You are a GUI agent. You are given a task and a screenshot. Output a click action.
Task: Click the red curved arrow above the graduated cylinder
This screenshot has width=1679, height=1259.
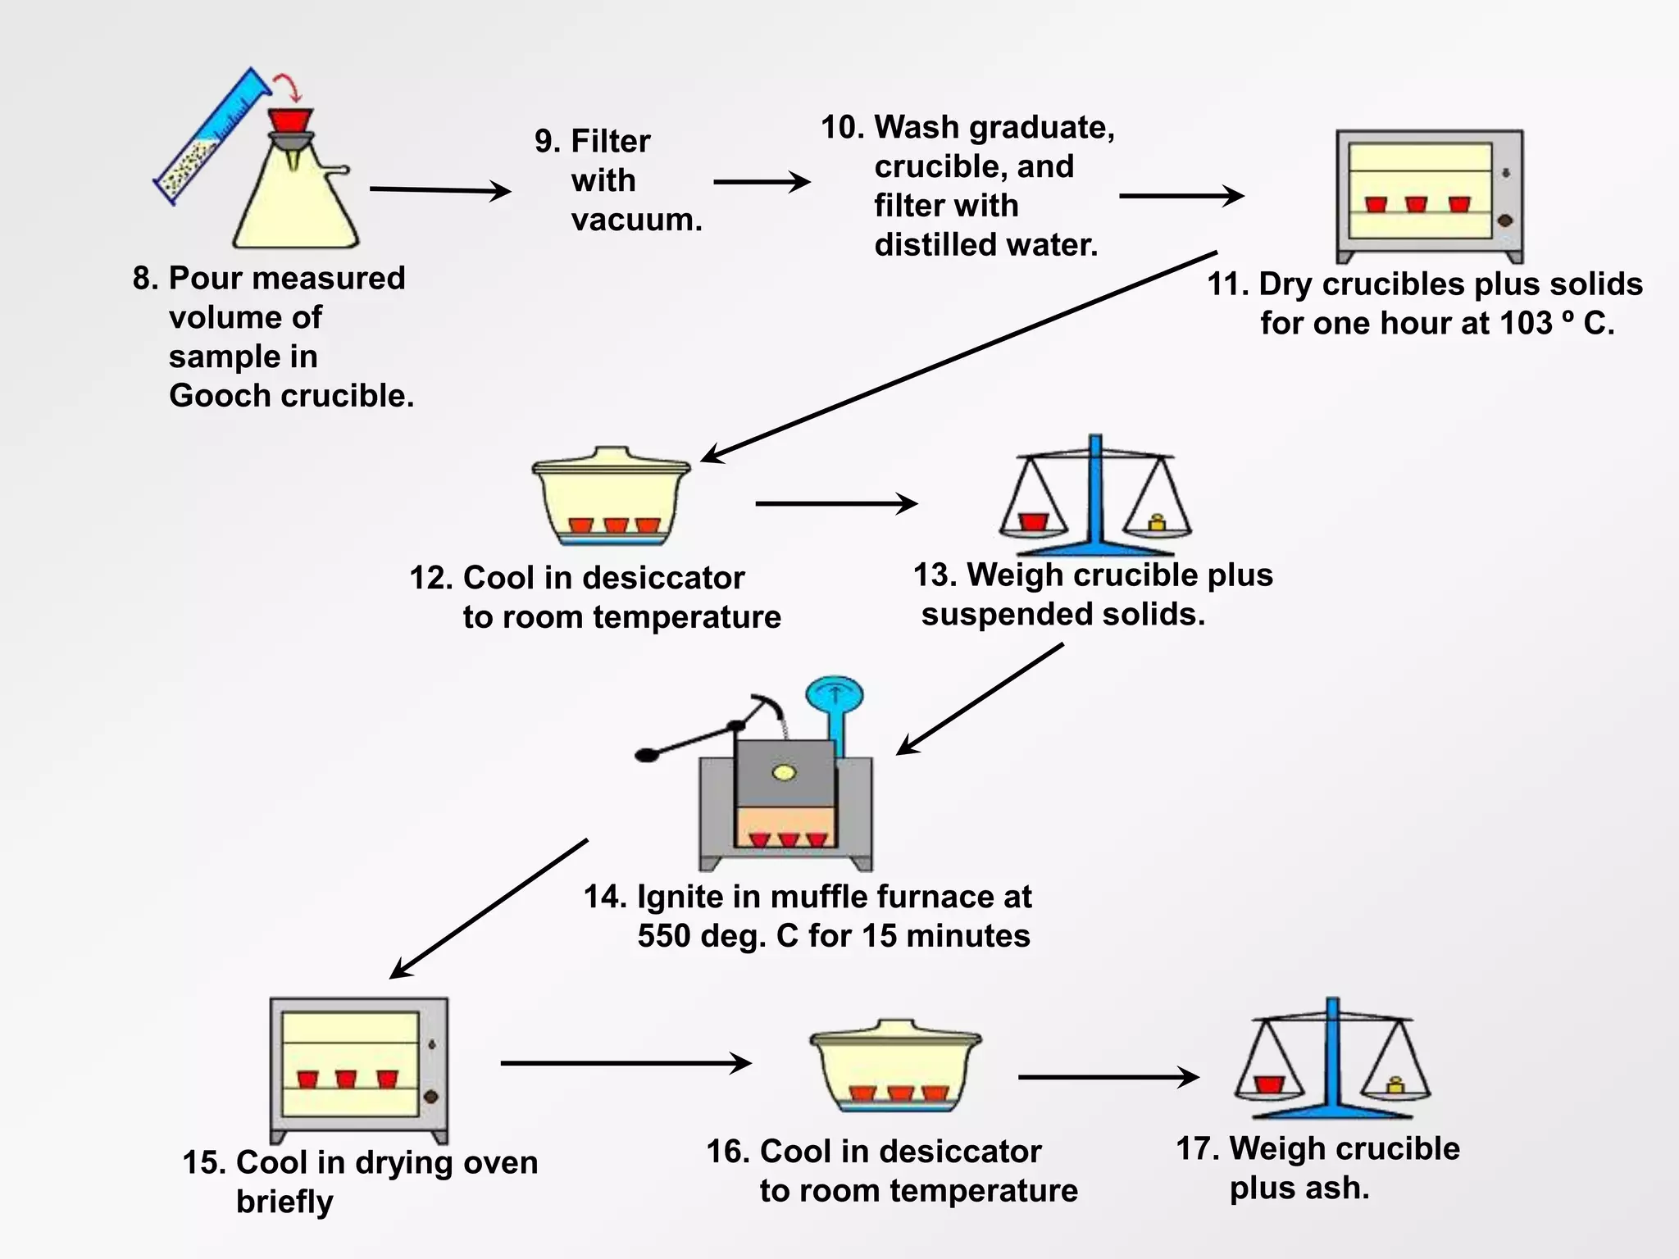[x=288, y=84]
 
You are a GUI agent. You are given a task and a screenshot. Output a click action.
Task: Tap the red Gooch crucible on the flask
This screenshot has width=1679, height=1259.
[x=291, y=120]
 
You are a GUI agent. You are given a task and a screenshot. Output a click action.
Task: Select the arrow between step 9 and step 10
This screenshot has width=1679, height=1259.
[x=761, y=182]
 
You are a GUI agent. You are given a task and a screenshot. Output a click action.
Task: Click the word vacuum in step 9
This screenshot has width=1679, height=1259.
[x=636, y=220]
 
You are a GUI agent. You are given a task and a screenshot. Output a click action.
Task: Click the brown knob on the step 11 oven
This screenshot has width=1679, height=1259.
[x=1504, y=220]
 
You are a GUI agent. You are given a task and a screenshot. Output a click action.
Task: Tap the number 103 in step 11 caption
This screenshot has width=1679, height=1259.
[x=1526, y=323]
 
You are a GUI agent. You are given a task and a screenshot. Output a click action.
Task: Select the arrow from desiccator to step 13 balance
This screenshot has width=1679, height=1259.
[x=835, y=503]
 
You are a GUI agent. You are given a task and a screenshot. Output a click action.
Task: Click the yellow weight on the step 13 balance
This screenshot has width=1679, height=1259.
[x=1157, y=522]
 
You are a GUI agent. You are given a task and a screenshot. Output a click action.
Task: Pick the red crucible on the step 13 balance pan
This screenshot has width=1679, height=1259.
[x=1033, y=522]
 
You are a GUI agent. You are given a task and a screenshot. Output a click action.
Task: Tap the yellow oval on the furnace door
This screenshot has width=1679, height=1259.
[x=784, y=772]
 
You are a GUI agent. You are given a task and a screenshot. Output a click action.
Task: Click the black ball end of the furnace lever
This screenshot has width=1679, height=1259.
[x=647, y=755]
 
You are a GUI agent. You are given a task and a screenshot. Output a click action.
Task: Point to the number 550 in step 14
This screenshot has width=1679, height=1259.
[x=665, y=936]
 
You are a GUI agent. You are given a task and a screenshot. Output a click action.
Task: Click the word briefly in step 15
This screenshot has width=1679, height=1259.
[x=284, y=1202]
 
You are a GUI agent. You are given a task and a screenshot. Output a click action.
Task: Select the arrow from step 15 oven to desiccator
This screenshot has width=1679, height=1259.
[x=626, y=1063]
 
